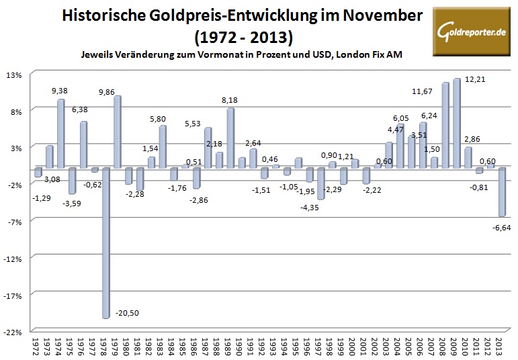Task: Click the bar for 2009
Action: click(456, 123)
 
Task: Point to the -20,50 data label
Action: click(128, 313)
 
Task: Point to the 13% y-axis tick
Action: click(15, 75)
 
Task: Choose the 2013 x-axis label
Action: click(499, 346)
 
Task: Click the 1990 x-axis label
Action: click(240, 346)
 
